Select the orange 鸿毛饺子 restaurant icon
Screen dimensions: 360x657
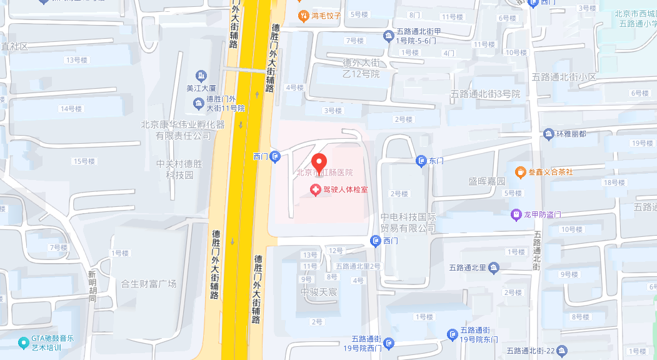(x=303, y=15)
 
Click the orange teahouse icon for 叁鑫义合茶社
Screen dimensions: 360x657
(x=520, y=171)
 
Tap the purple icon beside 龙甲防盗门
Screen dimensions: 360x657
(x=516, y=214)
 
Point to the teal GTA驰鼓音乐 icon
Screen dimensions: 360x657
(x=23, y=342)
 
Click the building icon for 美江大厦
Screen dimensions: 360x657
(x=201, y=76)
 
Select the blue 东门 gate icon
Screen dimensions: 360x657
(x=421, y=161)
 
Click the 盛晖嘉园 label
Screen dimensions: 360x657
(x=487, y=181)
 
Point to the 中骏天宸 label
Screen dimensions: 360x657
(x=319, y=292)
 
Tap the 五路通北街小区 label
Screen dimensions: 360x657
(x=564, y=77)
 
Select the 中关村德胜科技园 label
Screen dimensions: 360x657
(x=180, y=169)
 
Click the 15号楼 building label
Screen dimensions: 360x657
(x=84, y=161)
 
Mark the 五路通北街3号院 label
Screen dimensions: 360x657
(x=485, y=94)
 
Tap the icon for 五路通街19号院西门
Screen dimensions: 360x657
(x=390, y=343)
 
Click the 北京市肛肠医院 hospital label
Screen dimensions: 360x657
(x=324, y=172)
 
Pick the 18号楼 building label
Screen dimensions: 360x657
(x=614, y=182)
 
